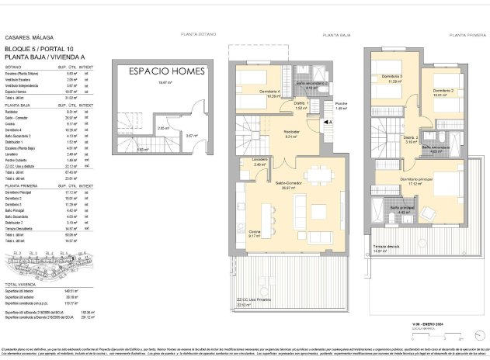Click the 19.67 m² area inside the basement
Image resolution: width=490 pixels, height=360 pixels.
162,82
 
